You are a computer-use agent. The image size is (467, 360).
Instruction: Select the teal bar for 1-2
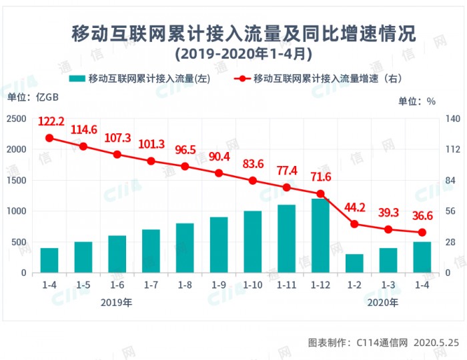[354, 263]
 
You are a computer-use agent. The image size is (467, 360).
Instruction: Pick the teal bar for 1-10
[253, 241]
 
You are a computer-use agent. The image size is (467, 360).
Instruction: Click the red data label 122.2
[51, 121]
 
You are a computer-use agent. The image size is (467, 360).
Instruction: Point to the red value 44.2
[354, 207]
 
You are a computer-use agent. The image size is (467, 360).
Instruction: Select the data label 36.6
[422, 215]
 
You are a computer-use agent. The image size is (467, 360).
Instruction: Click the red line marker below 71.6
[320, 194]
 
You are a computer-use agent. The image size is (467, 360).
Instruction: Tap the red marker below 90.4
[219, 173]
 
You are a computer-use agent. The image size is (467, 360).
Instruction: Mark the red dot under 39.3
[388, 229]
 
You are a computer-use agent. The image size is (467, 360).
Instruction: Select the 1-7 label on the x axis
[151, 285]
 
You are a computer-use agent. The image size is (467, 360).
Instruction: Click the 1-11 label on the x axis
[286, 285]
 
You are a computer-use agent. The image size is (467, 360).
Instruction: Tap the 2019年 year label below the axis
[117, 302]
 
